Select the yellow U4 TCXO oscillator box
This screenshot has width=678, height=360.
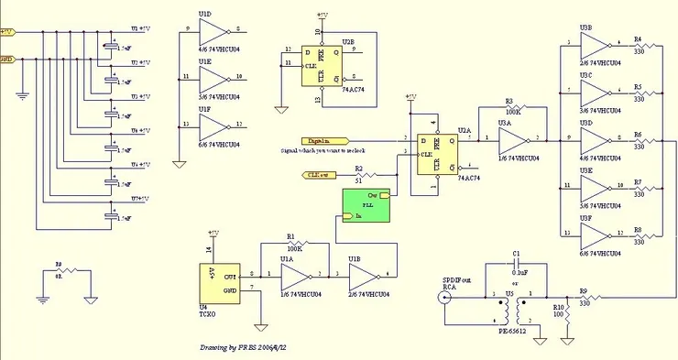218,281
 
